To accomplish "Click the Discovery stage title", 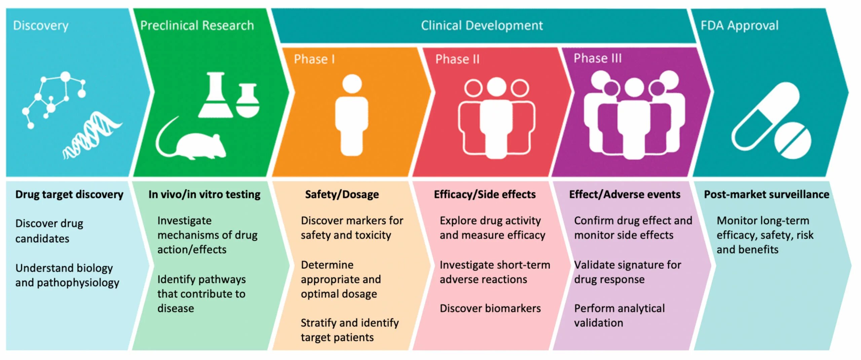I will coord(41,26).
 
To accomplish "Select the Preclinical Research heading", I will coord(197,26).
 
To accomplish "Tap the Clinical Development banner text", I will coord(482,26).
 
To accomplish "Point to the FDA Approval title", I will coord(739,26).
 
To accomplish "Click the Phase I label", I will coord(314,59).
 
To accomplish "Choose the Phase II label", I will coord(457,59).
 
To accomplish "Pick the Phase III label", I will coord(597,58).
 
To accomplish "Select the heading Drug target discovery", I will coord(69,194).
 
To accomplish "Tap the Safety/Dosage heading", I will coord(342,194).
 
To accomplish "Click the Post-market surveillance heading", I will coord(766,194).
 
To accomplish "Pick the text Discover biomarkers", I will coord(490,308).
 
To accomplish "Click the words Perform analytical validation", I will coord(619,315).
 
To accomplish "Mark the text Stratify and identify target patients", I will coord(349,330).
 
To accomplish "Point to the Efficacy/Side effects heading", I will coord(485,194).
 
